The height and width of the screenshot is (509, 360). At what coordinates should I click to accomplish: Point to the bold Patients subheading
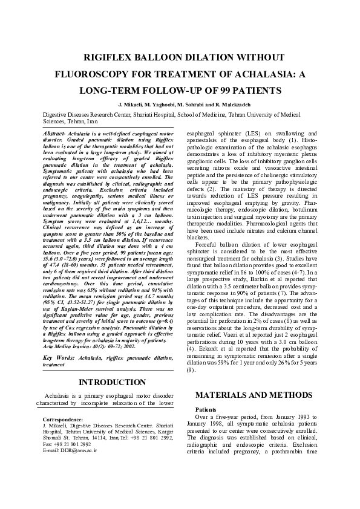click(x=207, y=409)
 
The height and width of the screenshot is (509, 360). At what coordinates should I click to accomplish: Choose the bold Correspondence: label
click(x=64, y=419)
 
